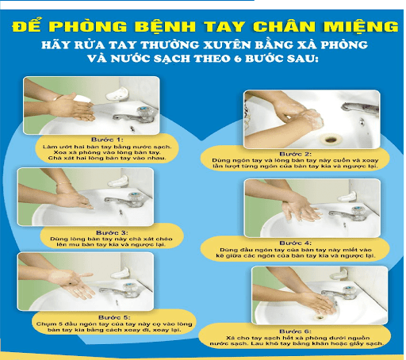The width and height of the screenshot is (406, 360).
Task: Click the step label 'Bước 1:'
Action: click(107, 140)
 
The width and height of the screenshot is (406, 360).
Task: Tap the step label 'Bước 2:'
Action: click(296, 154)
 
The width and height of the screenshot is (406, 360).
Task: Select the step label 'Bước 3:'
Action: click(112, 232)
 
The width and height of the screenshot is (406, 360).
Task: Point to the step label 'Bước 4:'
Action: click(296, 243)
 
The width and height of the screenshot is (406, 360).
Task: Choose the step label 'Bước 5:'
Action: click(114, 317)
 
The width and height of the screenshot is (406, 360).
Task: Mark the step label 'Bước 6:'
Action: click(296, 331)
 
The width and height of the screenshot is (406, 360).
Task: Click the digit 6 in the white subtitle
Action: click(238, 59)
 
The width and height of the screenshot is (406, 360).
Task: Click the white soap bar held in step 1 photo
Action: click(82, 99)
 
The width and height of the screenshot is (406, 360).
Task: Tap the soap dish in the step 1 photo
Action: click(117, 94)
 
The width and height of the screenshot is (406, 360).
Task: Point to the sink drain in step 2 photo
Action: click(329, 139)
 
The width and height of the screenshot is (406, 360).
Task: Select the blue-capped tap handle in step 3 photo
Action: click(135, 197)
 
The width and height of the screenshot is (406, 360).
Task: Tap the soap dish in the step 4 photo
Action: click(347, 197)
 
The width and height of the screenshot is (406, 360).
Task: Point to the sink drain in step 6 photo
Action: click(320, 316)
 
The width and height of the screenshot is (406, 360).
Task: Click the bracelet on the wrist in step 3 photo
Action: click(63, 183)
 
